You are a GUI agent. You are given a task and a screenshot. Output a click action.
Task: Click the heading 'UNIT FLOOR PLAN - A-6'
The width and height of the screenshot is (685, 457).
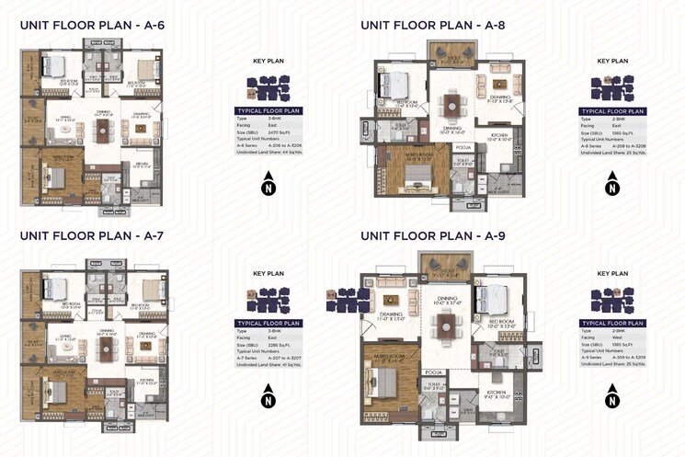click(92, 26)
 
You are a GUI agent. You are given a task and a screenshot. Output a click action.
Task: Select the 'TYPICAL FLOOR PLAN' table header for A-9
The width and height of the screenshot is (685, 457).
click(611, 324)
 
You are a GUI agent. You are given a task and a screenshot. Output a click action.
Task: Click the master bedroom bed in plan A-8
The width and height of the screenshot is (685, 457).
click(412, 171)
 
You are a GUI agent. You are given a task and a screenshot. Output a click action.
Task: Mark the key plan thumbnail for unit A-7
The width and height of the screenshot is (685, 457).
click(268, 299)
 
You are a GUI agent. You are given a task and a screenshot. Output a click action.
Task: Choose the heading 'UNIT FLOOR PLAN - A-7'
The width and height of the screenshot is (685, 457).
click(92, 236)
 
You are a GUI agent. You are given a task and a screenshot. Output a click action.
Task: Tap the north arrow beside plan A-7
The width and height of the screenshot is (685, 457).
click(268, 399)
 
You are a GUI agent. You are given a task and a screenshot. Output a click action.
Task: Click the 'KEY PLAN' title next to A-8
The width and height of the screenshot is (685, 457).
click(612, 62)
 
